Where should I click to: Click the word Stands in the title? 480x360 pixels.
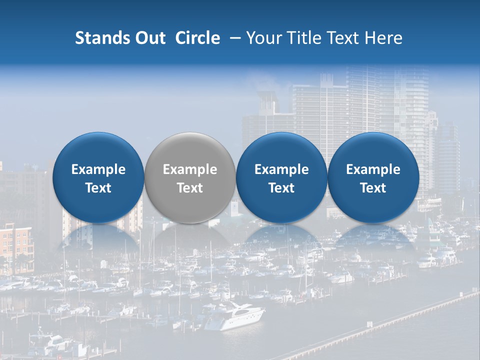point(99,38)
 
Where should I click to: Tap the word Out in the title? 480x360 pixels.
point(148,38)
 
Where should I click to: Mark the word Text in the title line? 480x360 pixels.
point(344,38)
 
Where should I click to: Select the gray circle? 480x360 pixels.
point(189,177)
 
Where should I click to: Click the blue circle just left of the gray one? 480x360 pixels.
point(98,177)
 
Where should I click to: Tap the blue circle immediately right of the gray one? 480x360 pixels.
point(281,177)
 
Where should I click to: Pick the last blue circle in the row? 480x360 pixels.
point(373,177)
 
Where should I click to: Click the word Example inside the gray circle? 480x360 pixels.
point(190,169)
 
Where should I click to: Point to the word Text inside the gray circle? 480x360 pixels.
point(190,188)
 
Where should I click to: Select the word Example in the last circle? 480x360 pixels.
point(373,169)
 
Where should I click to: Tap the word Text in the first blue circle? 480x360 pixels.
point(98,188)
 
